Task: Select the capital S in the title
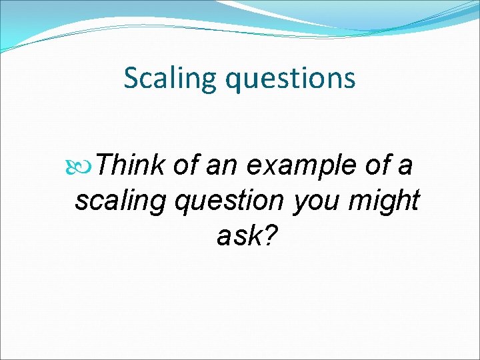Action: (131, 79)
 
